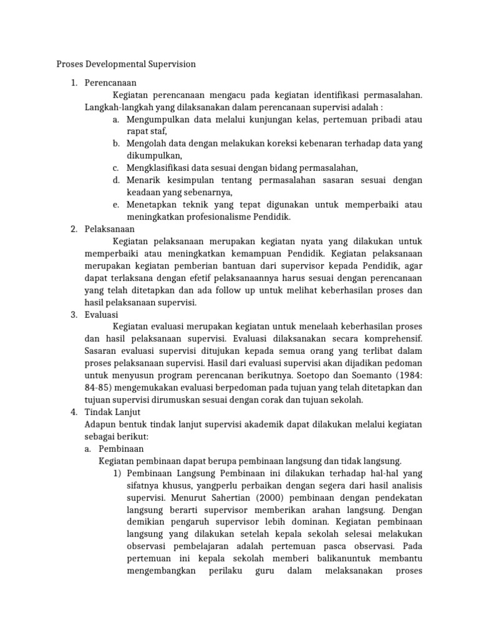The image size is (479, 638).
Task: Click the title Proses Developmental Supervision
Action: [126, 64]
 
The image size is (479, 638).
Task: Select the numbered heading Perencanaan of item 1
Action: [111, 82]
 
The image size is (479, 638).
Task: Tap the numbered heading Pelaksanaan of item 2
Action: [110, 229]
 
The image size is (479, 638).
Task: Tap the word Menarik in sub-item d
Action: [142, 180]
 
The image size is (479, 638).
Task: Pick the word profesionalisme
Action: [210, 217]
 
